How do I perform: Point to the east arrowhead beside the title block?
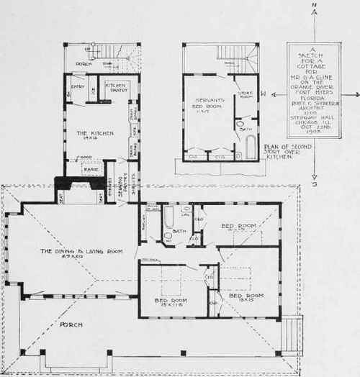tap(354, 94)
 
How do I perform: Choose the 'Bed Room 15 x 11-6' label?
tap(168, 301)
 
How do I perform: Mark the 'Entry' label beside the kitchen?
tap(75, 88)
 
